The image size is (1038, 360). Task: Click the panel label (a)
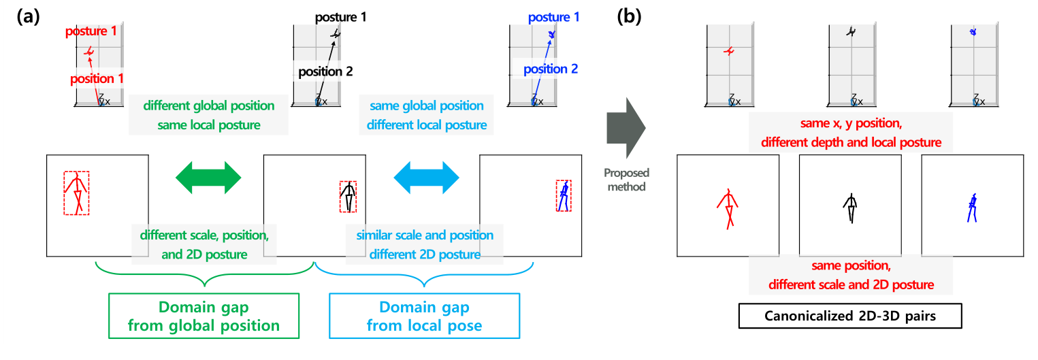[x=27, y=16]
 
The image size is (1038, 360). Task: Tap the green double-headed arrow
[x=208, y=178]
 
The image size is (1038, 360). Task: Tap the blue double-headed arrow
[x=427, y=178]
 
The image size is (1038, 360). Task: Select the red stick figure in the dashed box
[x=76, y=193]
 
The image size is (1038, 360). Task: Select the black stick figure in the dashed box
[x=348, y=197]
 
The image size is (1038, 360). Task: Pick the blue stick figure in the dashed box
[x=564, y=196]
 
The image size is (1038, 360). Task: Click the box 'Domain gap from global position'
[x=204, y=316]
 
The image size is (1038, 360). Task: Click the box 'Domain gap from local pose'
[x=424, y=316]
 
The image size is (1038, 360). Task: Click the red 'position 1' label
[x=97, y=79]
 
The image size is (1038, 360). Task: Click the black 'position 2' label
[x=324, y=70]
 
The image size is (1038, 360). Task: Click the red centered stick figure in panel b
[x=728, y=207]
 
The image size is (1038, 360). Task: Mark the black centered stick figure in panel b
[x=850, y=208]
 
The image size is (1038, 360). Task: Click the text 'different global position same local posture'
[x=209, y=116]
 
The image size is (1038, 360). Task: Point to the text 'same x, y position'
[x=851, y=124]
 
